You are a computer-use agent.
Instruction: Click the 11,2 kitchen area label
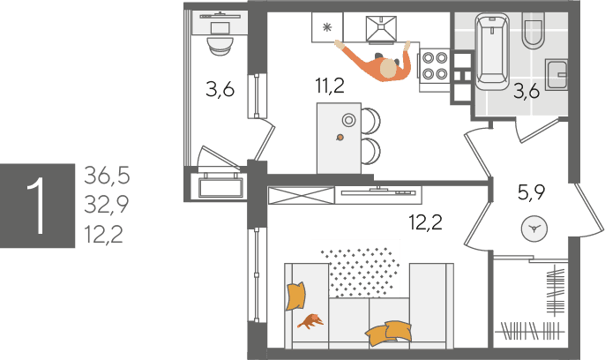330,86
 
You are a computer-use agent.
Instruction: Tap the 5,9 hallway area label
531,191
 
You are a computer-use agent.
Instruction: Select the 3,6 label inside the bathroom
527,92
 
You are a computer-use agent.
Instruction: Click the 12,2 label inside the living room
426,221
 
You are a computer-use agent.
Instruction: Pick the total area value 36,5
107,176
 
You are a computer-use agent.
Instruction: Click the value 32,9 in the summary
107,205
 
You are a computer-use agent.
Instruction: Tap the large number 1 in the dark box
37,206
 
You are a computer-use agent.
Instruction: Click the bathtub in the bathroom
492,52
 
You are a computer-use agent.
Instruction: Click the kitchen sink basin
381,28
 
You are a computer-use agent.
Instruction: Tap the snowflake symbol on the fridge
327,27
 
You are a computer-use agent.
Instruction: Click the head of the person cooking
388,69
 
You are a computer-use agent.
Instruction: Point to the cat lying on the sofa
310,321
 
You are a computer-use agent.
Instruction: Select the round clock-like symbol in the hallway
534,229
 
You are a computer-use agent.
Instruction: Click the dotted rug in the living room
360,272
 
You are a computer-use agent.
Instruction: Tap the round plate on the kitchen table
348,120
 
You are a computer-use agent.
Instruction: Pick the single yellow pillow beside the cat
295,296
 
